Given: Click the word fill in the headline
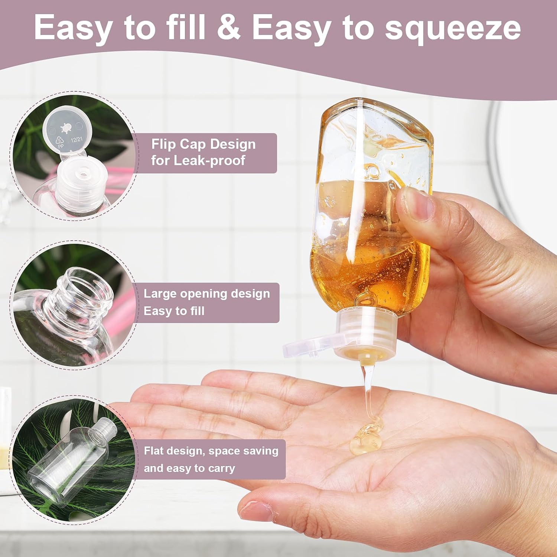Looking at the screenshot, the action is pos(185,27).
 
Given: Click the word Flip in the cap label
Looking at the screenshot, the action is pos(164,144).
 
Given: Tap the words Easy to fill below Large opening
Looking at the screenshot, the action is pos(174,311).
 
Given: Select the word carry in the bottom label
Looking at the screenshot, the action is pos(221,469).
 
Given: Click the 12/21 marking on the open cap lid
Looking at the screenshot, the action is pos(76,140).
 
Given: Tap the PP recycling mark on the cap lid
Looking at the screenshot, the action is pos(60,143).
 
